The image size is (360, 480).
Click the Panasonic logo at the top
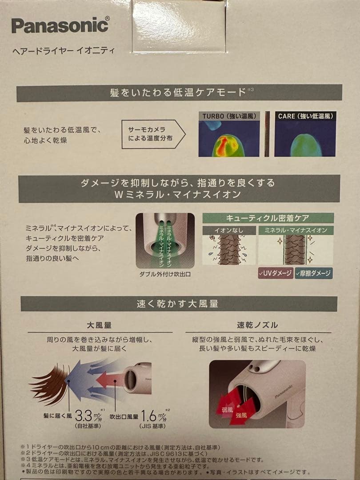[x=60, y=25]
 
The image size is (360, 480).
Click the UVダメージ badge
[x=275, y=272]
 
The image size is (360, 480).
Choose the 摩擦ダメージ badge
[x=314, y=272]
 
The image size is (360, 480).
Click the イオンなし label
[x=229, y=230]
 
